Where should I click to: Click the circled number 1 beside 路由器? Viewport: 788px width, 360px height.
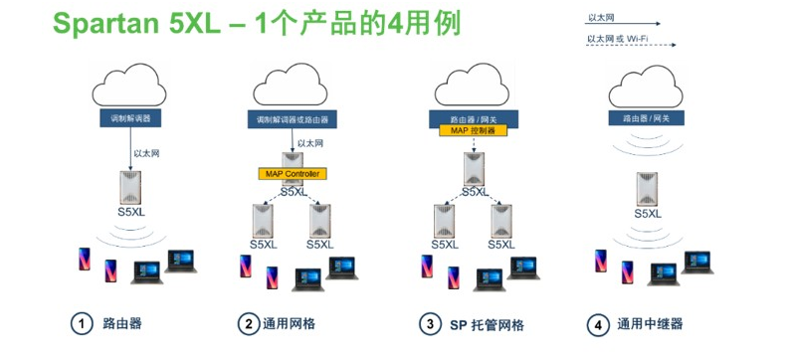coord(79,324)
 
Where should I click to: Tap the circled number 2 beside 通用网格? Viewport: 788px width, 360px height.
coord(246,324)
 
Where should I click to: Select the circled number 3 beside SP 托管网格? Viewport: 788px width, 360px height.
coord(429,324)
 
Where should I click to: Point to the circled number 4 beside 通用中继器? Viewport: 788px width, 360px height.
coord(597,324)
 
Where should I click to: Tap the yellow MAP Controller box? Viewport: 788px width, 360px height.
coord(292,174)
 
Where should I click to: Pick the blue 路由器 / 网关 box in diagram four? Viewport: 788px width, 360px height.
coord(646,118)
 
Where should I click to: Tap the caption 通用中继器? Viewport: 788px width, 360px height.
coord(651,324)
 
